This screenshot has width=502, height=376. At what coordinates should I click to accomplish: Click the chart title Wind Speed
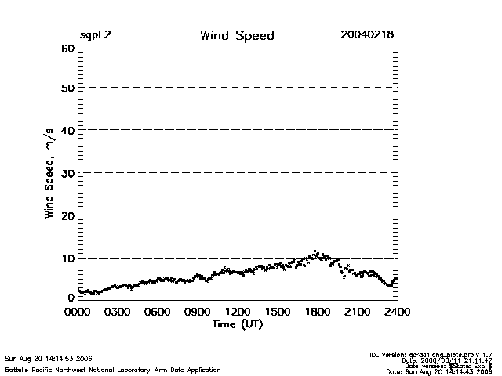[237, 36]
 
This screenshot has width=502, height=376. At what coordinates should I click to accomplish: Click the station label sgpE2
[95, 36]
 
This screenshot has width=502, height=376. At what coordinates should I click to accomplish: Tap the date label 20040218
[367, 35]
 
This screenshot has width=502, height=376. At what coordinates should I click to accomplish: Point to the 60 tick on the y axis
[66, 49]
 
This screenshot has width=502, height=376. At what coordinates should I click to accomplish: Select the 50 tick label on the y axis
[66, 89]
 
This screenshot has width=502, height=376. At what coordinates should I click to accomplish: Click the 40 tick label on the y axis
[66, 131]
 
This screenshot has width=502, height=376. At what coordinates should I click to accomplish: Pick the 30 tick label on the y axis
[66, 173]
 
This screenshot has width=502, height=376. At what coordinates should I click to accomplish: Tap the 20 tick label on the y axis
[66, 215]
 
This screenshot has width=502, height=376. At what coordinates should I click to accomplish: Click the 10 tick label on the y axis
[66, 258]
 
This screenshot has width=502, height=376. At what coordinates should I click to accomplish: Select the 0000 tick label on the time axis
[78, 311]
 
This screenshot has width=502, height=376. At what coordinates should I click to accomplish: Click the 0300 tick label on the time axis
[118, 311]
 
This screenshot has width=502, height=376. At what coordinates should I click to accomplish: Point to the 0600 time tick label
[158, 311]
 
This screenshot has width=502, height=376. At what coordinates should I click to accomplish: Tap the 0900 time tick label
[198, 311]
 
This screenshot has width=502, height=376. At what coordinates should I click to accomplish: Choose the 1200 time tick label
[238, 311]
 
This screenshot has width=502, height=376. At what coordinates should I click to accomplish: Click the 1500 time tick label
[278, 311]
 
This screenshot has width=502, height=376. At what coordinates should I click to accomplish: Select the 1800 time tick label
[318, 311]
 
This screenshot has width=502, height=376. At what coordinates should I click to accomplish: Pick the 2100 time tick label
[358, 311]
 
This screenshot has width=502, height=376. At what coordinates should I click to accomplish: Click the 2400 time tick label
[398, 311]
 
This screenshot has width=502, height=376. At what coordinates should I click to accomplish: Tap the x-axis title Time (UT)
[237, 324]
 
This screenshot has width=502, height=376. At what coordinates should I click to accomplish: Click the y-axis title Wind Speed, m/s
[49, 174]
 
